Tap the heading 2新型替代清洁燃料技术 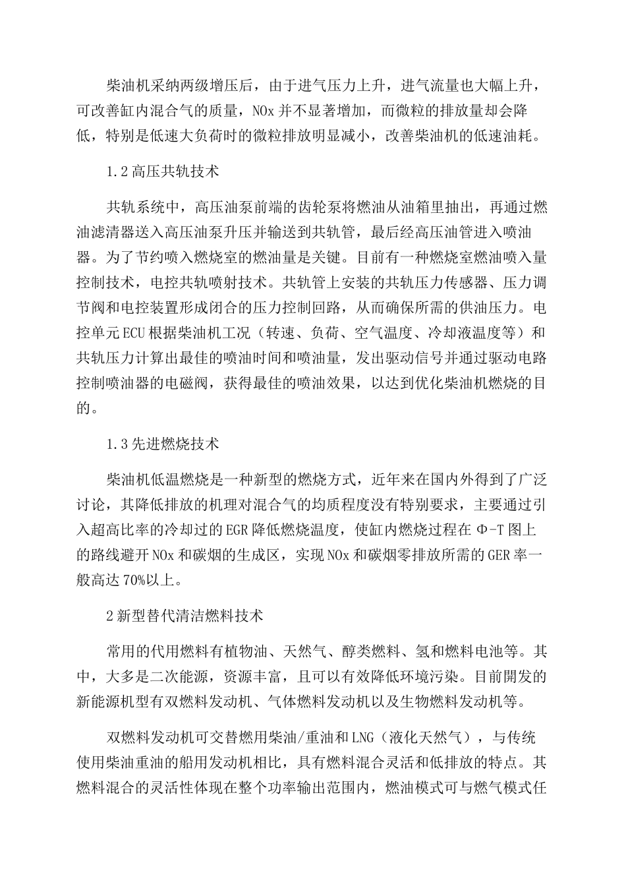pyautogui.click(x=185, y=616)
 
